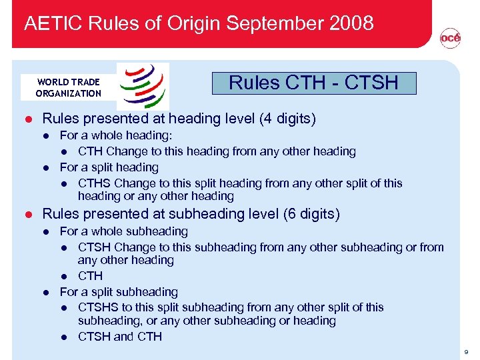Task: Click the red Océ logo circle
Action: [450, 39]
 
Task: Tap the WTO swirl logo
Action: [143, 85]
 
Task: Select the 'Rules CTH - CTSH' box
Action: [313, 83]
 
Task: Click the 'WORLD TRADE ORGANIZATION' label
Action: [68, 87]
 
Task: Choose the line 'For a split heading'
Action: [109, 167]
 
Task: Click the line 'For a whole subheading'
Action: [124, 231]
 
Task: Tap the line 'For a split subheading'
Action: [119, 292]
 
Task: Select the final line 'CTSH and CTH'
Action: [120, 337]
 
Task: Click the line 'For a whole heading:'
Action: [111, 136]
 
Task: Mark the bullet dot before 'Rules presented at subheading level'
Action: [28, 214]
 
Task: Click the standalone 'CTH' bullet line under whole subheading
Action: [90, 276]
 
